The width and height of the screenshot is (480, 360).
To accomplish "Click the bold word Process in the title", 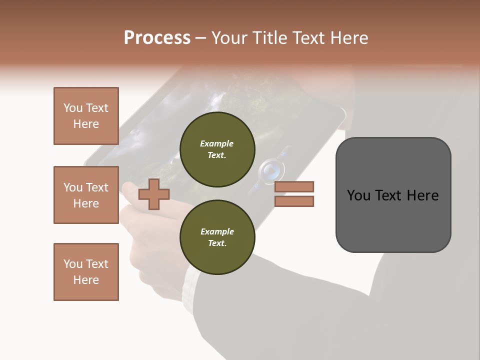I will tap(157, 38).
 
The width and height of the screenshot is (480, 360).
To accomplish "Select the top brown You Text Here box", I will tap(86, 116).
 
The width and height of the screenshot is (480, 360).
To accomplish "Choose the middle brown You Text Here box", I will tap(86, 195).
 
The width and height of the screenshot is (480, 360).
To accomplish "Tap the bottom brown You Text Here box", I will tap(86, 272).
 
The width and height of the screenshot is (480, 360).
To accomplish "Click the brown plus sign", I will tap(154, 194).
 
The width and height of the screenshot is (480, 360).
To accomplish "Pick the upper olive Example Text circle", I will tap(217, 149).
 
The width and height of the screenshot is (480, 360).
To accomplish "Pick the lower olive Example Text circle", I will tap(217, 237).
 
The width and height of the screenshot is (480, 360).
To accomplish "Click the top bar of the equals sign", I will tap(294, 186).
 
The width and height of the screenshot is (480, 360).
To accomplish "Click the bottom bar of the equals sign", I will tap(294, 201).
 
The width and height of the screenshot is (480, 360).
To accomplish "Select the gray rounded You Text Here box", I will tap(393, 195).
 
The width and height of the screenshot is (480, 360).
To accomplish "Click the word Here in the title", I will tap(348, 38).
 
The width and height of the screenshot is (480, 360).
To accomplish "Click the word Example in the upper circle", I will tap(217, 143).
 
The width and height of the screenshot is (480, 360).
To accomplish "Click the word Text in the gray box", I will tap(392, 195).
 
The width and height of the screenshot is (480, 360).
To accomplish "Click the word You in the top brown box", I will tap(72, 108).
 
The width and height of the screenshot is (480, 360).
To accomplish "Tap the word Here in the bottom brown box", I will tap(86, 280).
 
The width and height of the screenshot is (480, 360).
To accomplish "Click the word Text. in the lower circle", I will tap(217, 243).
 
